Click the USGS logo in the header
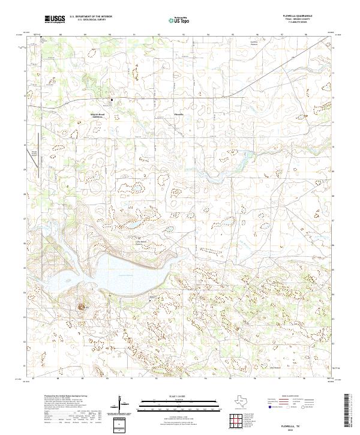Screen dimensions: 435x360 [x=54, y=19]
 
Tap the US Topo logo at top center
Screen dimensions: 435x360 [x=177, y=19]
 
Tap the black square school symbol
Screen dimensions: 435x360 [x=110, y=100]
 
